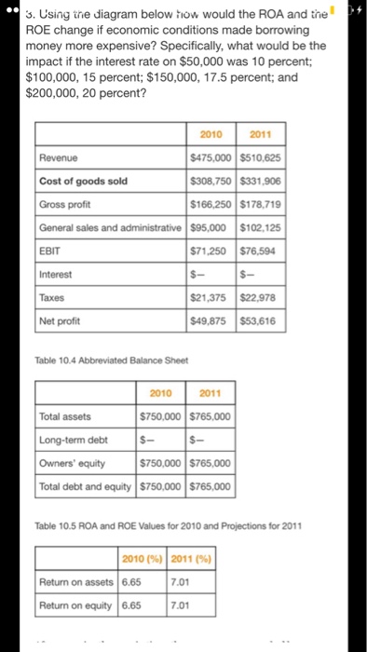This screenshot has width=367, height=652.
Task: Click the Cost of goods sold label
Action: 83,182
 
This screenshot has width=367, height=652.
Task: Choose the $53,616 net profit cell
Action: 261,321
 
